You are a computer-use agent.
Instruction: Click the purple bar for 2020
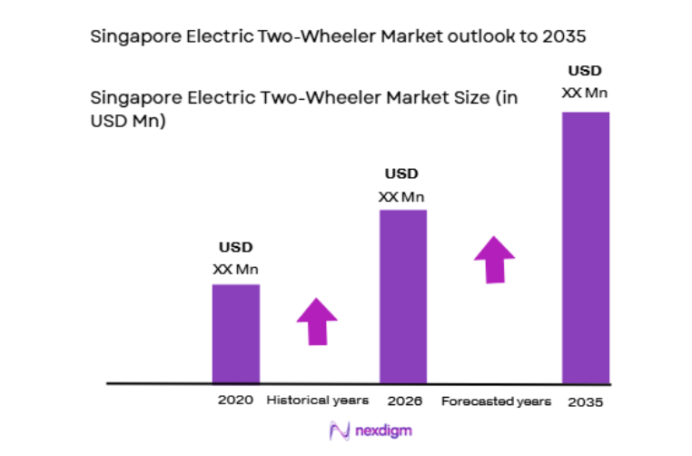[236, 333]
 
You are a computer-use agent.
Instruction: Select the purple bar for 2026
[402, 296]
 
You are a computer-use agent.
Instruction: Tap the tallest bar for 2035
[585, 247]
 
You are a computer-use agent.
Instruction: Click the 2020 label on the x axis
[234, 400]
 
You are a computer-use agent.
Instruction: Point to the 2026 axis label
[402, 400]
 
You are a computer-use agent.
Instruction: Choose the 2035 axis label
[585, 401]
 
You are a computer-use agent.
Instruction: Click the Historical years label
[318, 400]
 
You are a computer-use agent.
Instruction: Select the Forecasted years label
[496, 401]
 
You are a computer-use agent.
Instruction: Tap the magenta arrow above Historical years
[316, 321]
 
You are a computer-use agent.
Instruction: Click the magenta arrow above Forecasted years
[494, 259]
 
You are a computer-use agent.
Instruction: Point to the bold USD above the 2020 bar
[235, 247]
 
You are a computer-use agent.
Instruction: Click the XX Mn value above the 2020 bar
[235, 269]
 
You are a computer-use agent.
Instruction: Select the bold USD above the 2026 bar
[402, 173]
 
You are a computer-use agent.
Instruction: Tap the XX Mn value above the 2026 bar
[402, 195]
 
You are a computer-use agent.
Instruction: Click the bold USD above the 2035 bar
[585, 70]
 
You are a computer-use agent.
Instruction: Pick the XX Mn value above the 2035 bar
[585, 93]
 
